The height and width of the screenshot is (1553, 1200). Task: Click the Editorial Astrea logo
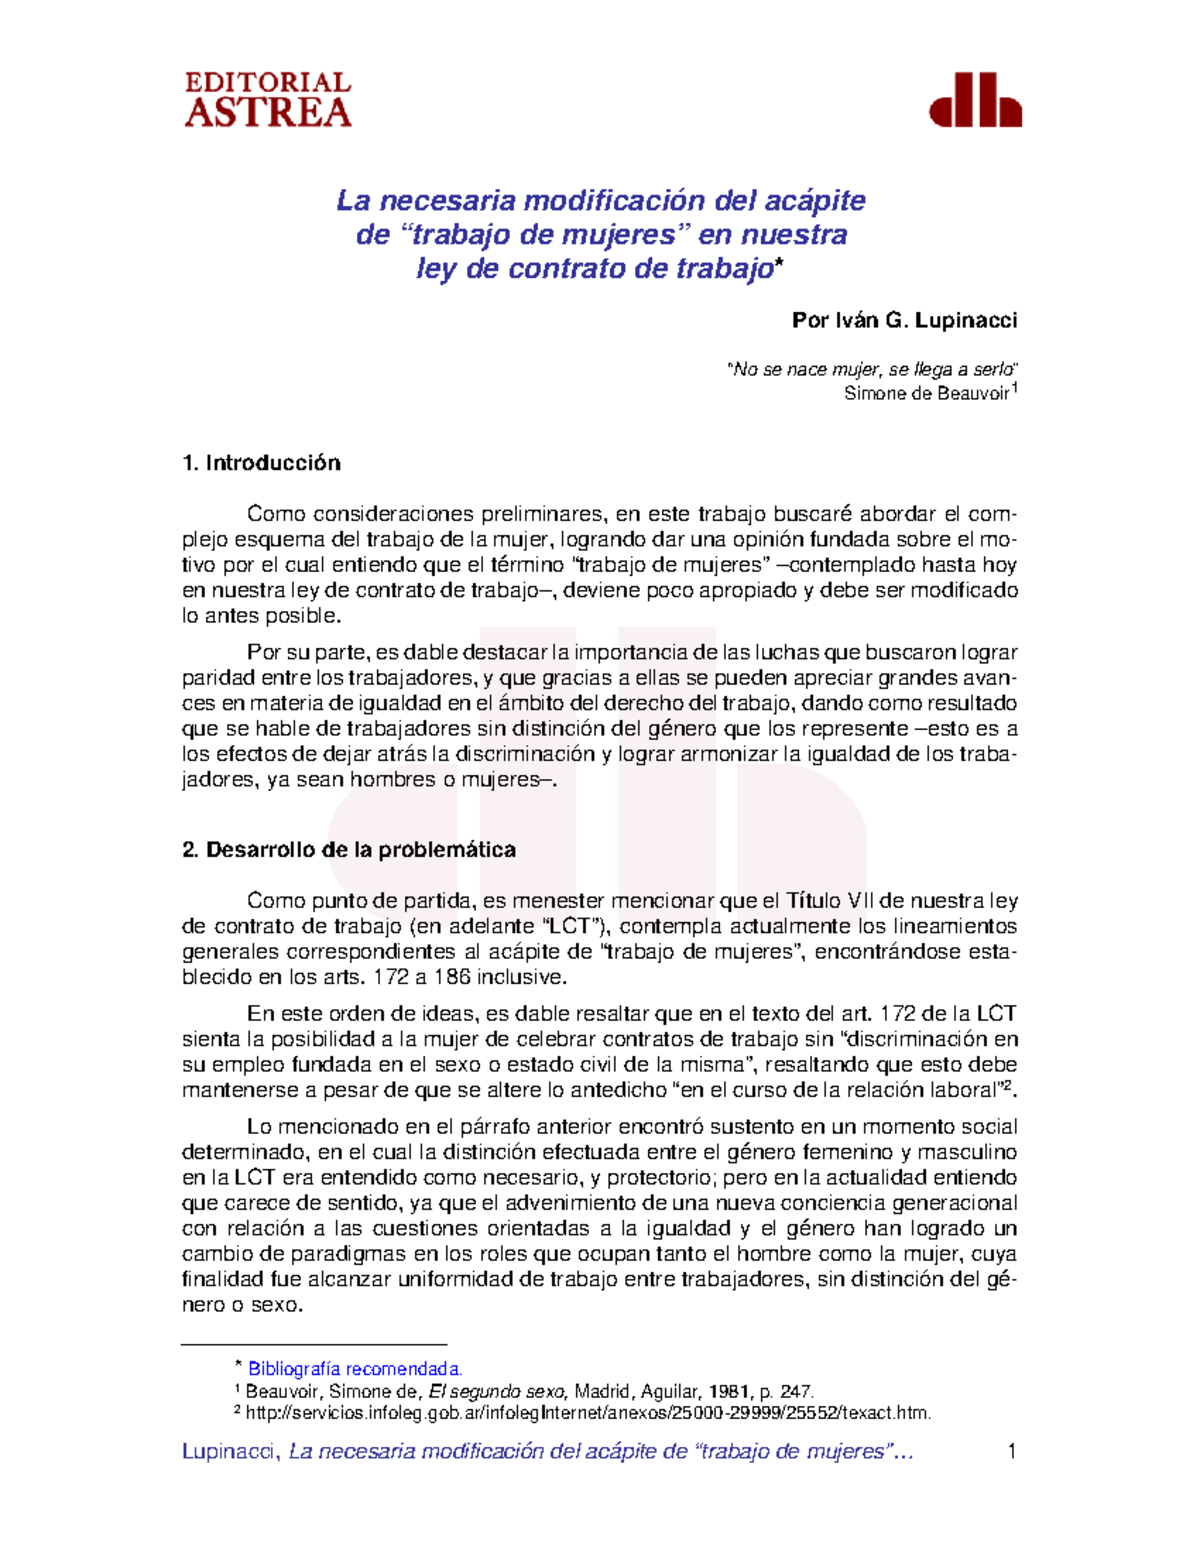(x=268, y=100)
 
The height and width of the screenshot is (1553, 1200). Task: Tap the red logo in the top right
(x=975, y=100)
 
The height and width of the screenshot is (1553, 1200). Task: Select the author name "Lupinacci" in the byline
(x=965, y=321)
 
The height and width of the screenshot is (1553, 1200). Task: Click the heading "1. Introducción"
(x=261, y=463)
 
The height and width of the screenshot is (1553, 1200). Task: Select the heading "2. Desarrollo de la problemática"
(x=349, y=850)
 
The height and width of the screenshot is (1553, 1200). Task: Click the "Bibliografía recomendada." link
(x=355, y=1369)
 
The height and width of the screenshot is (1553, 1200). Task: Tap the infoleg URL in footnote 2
(x=588, y=1413)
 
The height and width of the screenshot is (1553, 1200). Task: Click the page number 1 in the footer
(x=1012, y=1451)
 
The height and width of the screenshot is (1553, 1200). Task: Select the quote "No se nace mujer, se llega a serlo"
(x=872, y=370)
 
